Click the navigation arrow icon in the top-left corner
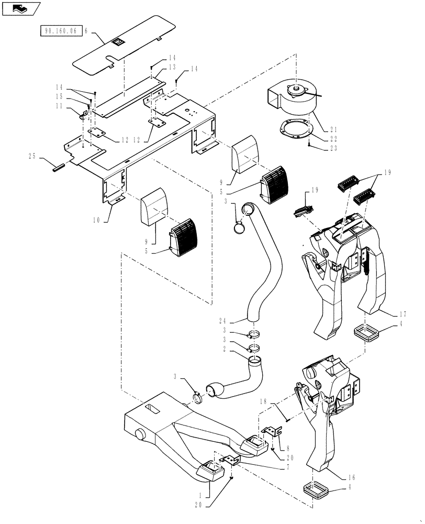pyautogui.click(x=21, y=8)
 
